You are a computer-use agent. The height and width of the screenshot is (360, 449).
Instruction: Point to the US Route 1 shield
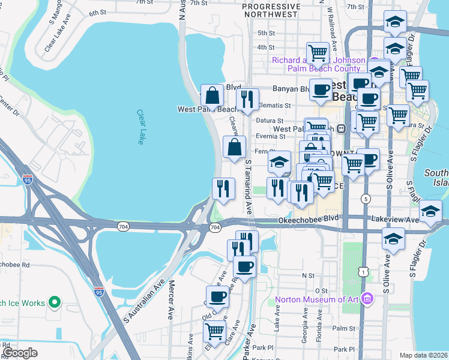tap(364, 272)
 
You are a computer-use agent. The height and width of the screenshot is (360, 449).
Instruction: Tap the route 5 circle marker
tap(365, 198)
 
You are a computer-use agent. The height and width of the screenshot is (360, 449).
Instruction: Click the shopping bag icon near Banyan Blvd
tap(212, 95)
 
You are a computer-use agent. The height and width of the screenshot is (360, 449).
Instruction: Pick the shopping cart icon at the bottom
tap(214, 330)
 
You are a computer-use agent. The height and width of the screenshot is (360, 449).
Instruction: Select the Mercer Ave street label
tap(171, 299)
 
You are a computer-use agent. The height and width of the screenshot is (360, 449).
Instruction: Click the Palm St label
tap(344, 328)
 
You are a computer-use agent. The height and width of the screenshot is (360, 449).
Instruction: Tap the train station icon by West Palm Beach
tap(340, 128)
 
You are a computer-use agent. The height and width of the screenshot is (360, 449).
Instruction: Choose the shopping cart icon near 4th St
tap(317, 52)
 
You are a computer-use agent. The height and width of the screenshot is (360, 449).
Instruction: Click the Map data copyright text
tap(423, 355)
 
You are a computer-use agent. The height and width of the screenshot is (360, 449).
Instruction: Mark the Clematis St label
tap(275, 105)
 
